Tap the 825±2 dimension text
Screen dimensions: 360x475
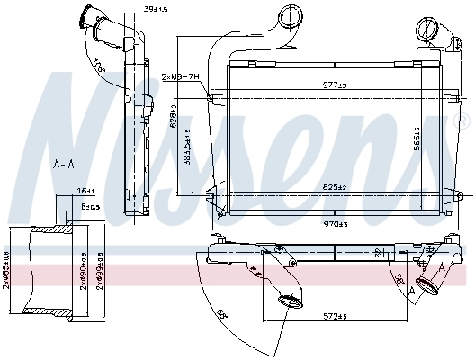point(335,186)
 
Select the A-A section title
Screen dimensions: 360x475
point(63,164)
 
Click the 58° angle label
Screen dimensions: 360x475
point(399,278)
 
